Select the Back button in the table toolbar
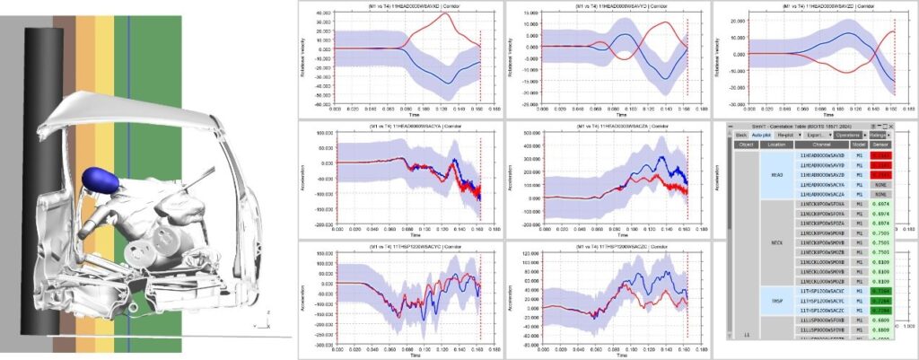pos(741,135)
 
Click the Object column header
pos(746,145)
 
